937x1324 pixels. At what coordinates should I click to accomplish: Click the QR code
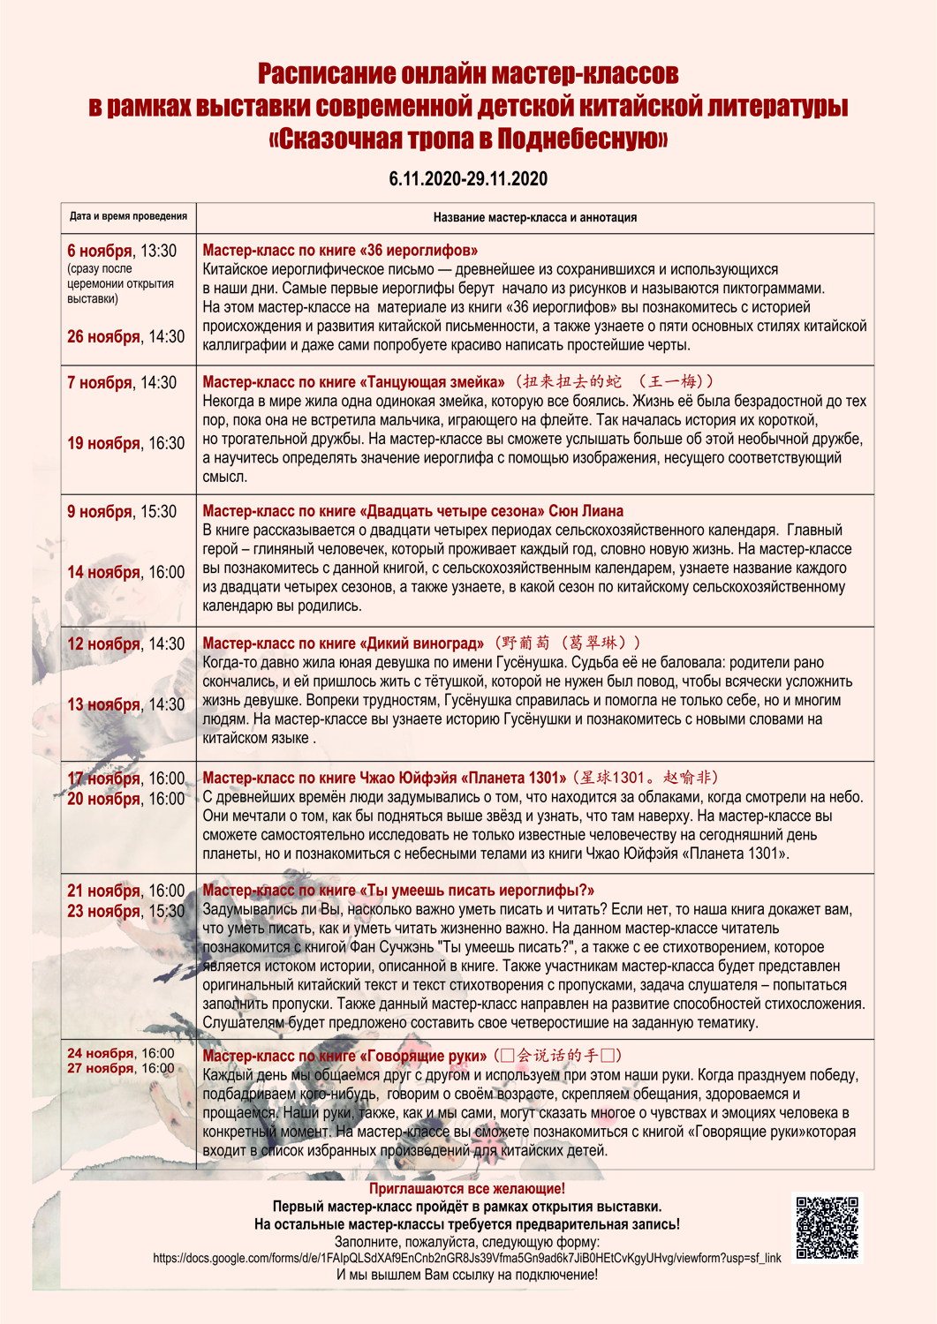click(827, 1228)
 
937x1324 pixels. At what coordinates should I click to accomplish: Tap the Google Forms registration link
click(466, 1258)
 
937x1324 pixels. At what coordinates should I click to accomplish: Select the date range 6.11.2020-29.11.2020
click(468, 179)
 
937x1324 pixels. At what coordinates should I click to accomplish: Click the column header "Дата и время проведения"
click(128, 216)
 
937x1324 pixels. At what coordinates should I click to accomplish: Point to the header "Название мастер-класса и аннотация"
click(534, 217)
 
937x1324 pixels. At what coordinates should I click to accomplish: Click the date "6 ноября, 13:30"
click(122, 251)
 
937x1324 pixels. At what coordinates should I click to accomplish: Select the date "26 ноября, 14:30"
click(126, 337)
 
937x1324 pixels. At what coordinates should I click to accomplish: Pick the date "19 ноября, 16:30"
click(126, 443)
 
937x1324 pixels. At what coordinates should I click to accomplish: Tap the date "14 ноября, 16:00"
click(126, 572)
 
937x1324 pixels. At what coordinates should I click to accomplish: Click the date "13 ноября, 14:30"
click(126, 704)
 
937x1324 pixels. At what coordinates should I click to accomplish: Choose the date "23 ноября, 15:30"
click(126, 911)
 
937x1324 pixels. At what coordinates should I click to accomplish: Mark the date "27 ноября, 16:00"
click(121, 1068)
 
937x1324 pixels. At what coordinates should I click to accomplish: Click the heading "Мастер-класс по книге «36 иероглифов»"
click(340, 251)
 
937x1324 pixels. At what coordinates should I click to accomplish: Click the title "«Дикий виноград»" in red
click(421, 643)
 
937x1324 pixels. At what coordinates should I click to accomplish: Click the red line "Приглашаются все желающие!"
click(467, 1189)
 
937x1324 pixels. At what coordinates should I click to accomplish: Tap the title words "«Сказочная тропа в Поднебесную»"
click(468, 139)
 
